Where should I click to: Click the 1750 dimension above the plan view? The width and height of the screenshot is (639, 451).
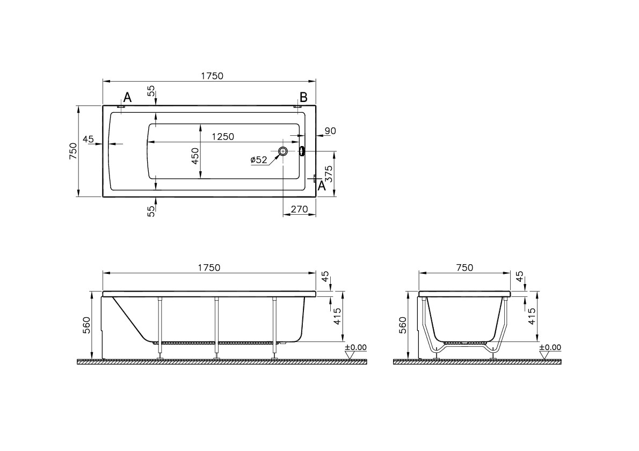[212, 76]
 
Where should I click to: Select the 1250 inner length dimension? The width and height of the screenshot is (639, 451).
[223, 136]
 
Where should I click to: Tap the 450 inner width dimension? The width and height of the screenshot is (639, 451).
[195, 156]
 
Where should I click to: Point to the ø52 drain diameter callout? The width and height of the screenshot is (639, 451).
[259, 159]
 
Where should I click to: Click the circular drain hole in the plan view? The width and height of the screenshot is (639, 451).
[283, 151]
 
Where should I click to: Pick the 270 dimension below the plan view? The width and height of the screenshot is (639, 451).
[299, 209]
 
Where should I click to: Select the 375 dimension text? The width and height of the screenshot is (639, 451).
[329, 174]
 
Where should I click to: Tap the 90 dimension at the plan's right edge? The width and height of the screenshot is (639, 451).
[330, 131]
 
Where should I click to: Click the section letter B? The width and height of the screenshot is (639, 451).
[303, 97]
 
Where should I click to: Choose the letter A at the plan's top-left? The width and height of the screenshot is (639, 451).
[128, 97]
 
